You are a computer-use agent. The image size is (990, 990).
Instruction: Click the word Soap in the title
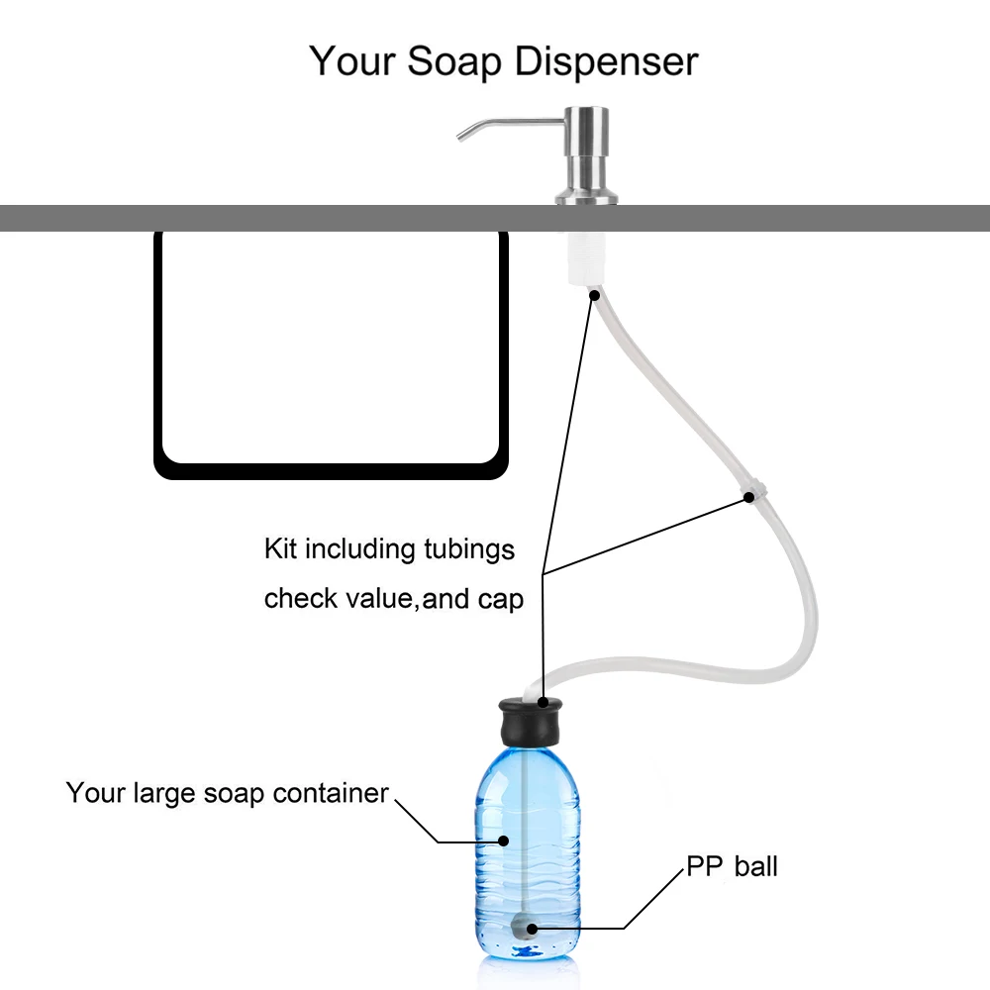[x=451, y=61]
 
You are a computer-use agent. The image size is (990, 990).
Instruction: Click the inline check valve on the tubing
[x=752, y=493]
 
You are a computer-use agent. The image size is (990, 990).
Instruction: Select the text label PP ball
[x=733, y=867]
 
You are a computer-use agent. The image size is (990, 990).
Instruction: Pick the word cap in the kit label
[x=501, y=599]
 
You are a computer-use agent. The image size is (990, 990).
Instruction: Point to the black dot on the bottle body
[x=503, y=841]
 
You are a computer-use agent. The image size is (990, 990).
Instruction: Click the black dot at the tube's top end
[x=595, y=294]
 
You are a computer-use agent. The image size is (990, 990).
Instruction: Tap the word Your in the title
[x=352, y=61]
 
